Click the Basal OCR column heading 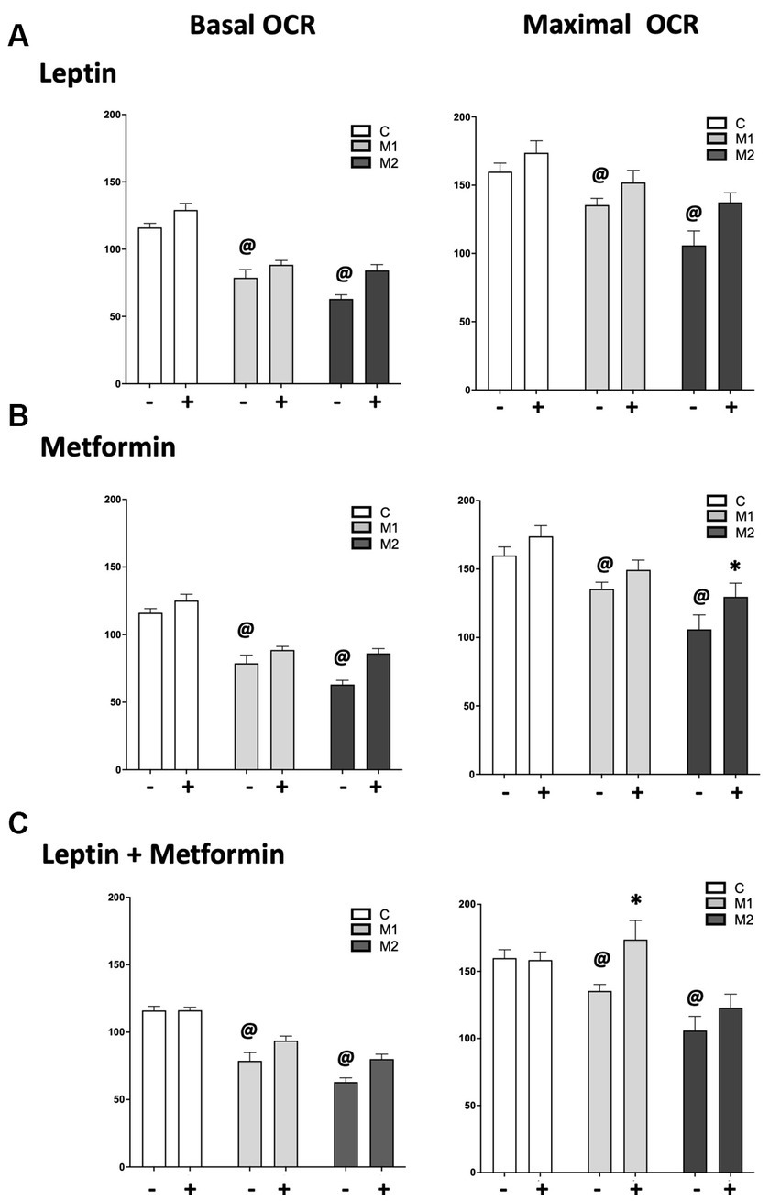pyautogui.click(x=252, y=26)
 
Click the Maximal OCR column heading pyautogui.click(x=610, y=26)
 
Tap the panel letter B pyautogui.click(x=17, y=416)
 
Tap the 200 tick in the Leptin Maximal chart pyautogui.click(x=464, y=117)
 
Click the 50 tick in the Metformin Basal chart pyautogui.click(x=115, y=702)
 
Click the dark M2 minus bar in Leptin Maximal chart pyautogui.click(x=694, y=317)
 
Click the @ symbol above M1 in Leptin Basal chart pyautogui.click(x=247, y=246)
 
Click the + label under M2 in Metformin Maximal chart pyautogui.click(x=734, y=792)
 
